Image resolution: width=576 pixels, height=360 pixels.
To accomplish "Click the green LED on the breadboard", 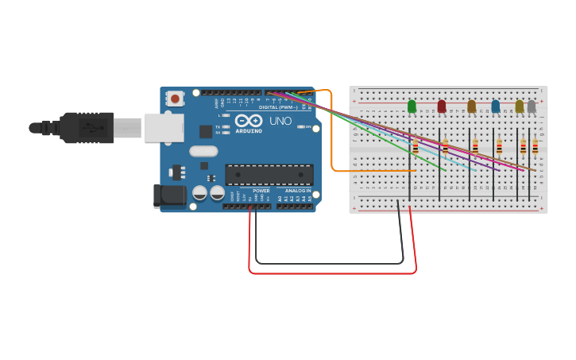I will tap(412, 106).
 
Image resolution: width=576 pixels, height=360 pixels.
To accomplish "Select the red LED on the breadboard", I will tap(442, 106).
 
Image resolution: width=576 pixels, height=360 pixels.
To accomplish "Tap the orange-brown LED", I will tap(471, 106).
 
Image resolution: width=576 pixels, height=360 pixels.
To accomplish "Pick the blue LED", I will tap(496, 106).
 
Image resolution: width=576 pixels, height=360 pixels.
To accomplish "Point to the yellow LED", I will tap(520, 106).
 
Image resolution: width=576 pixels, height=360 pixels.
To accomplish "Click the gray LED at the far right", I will tap(532, 106).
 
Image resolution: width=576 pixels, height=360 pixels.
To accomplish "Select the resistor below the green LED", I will tap(416, 146).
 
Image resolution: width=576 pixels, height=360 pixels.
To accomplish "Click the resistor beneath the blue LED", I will tap(500, 146).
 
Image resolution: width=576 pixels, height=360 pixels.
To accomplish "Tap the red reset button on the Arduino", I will tap(175, 99).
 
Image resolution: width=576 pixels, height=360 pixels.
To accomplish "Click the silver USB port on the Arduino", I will tap(164, 127).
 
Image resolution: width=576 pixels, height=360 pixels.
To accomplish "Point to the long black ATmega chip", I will tap(269, 174).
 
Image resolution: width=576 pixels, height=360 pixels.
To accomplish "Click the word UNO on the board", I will tap(280, 122).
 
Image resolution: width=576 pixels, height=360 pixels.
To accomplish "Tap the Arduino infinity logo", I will tap(248, 121).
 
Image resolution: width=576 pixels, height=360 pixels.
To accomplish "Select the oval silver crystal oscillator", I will tap(203, 151).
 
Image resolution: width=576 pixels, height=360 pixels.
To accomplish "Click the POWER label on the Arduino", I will tap(261, 191).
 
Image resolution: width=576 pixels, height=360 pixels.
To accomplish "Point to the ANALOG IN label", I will tap(298, 191).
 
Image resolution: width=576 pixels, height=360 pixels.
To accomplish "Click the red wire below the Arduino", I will tap(334, 273).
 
